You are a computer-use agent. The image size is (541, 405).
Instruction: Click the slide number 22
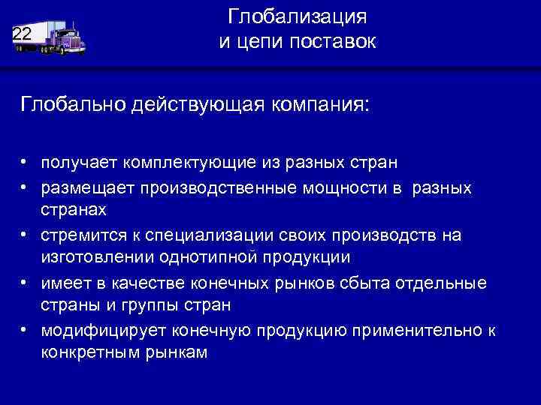click(x=22, y=33)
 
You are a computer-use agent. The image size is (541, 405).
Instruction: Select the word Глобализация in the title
click(x=298, y=16)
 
